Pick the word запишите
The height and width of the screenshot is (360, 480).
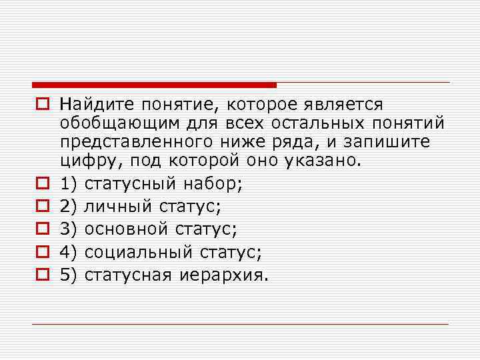point(393,143)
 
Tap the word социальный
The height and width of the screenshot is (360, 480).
point(137,252)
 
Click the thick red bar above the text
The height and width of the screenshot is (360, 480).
point(153,85)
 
